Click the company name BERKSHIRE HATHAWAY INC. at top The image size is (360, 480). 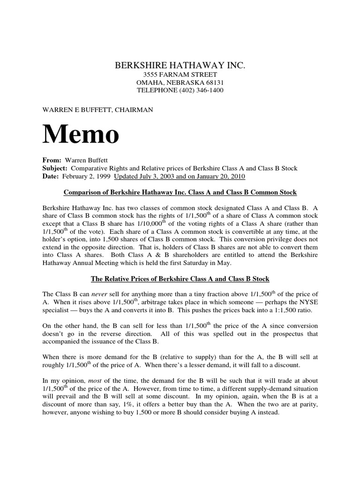(x=180, y=65)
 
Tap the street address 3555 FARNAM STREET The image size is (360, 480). (x=180, y=75)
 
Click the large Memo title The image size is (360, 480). (x=81, y=134)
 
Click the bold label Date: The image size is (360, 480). (x=51, y=176)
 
